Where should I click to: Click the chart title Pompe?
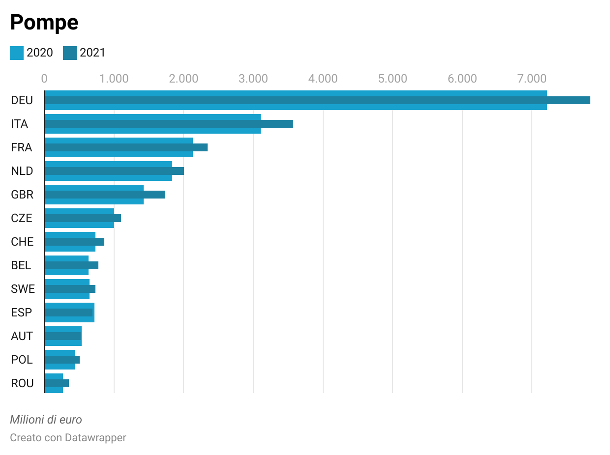pyautogui.click(x=44, y=23)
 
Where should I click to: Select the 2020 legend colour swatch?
pyautogui.click(x=17, y=53)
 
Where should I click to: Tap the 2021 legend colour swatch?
pyautogui.click(x=70, y=53)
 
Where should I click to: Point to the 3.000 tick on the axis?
pyautogui.click(x=253, y=79)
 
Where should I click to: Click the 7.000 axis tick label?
pyautogui.click(x=532, y=79)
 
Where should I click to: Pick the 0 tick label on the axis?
pyautogui.click(x=44, y=79)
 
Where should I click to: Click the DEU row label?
pyautogui.click(x=22, y=100)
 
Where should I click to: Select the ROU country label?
pyautogui.click(x=22, y=383)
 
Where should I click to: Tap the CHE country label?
pyautogui.click(x=22, y=242)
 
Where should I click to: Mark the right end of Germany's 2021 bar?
pyautogui.click(x=589, y=100)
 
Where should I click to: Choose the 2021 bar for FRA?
pyautogui.click(x=126, y=147)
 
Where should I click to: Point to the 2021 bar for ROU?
pyautogui.click(x=57, y=383)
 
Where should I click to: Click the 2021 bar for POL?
pyautogui.click(x=62, y=360)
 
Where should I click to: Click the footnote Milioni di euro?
pyautogui.click(x=46, y=420)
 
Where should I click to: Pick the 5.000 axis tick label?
pyautogui.click(x=393, y=79)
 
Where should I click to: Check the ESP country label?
pyautogui.click(x=21, y=313)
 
